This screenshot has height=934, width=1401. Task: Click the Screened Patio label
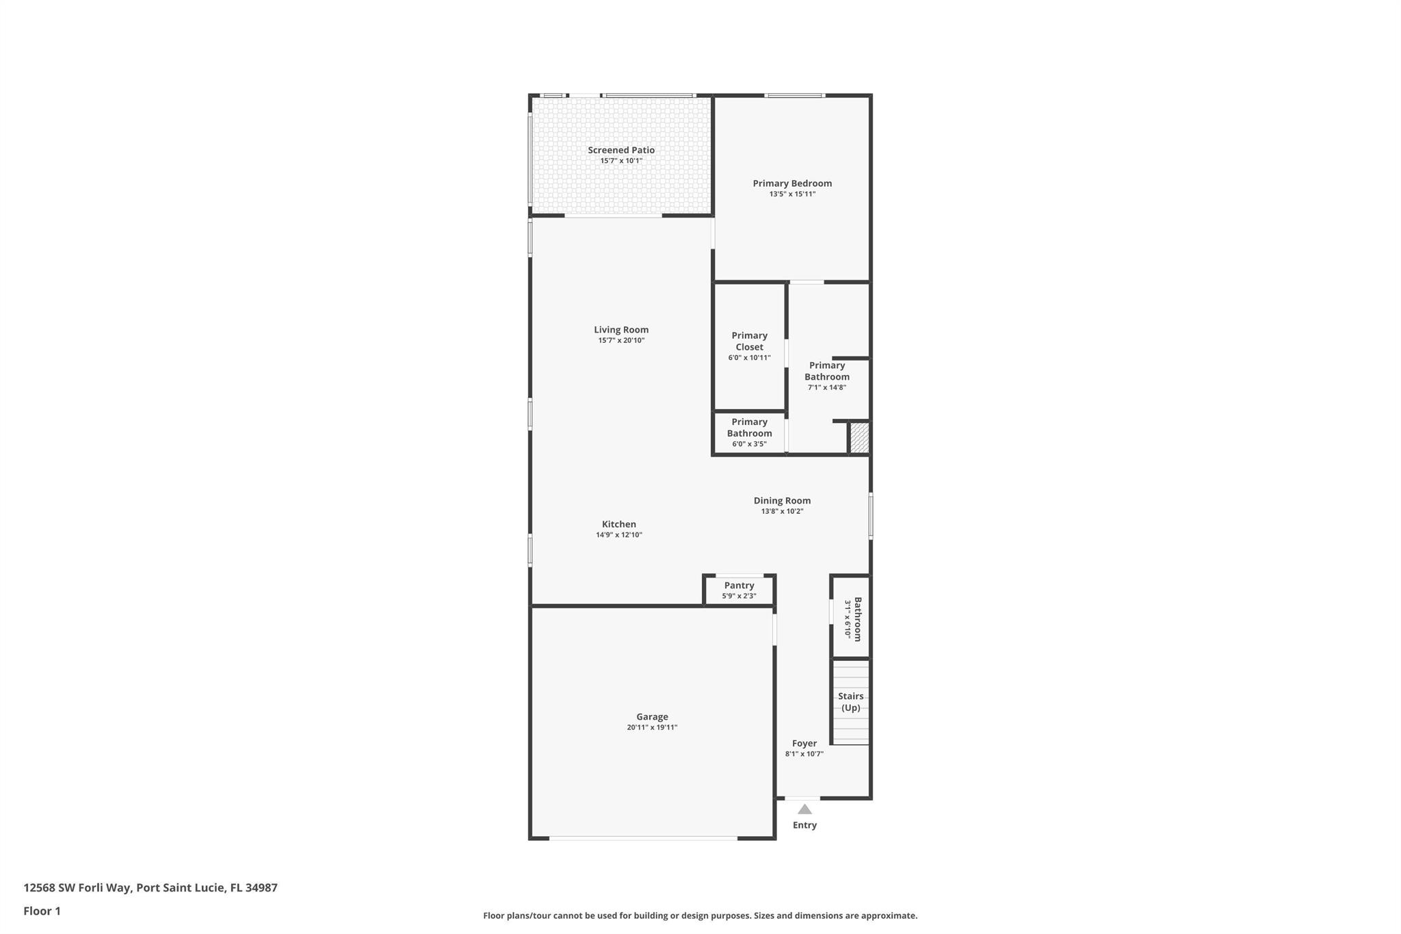point(621,150)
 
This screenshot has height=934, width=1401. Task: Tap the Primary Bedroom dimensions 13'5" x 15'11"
point(792,194)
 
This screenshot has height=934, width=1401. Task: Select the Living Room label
point(621,330)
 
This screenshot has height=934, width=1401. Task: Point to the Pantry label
point(739,586)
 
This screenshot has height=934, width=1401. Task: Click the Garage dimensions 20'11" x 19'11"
point(652,727)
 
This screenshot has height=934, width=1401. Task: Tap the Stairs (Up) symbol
point(850,702)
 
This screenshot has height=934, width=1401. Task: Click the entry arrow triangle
point(804,809)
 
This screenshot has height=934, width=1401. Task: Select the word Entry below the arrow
point(804,825)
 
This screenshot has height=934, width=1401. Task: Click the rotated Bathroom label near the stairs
point(857,619)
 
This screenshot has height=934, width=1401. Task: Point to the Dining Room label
point(782,501)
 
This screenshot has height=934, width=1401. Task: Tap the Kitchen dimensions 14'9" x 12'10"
point(619,535)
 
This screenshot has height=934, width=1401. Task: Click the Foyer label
point(804,744)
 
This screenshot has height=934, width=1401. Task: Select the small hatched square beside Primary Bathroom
point(859,438)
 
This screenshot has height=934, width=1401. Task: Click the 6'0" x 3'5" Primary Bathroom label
point(749,444)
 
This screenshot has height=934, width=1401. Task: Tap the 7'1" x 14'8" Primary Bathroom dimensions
point(827,387)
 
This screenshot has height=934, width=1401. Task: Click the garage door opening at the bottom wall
point(643,838)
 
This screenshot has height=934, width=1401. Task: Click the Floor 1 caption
point(42,911)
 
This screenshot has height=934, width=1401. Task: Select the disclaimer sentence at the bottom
point(700,916)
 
